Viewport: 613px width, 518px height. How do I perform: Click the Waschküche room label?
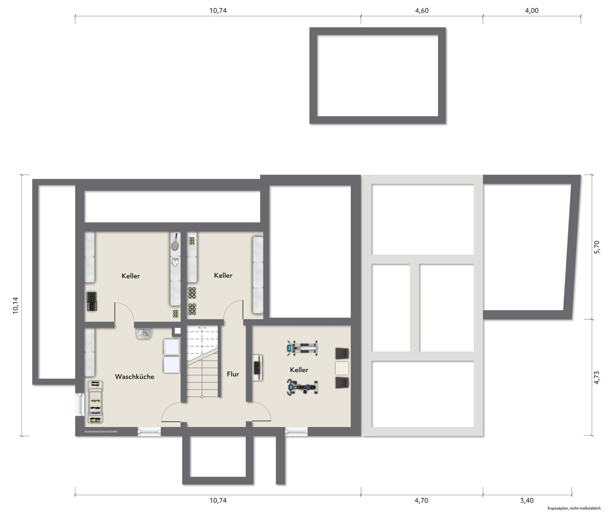(135, 376)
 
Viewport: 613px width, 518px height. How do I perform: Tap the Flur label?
(233, 374)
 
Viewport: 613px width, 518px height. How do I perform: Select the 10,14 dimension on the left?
(15, 305)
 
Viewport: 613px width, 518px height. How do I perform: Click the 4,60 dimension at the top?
(422, 11)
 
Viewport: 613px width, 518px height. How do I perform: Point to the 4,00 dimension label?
(532, 11)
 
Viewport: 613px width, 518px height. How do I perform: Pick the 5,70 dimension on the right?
(597, 247)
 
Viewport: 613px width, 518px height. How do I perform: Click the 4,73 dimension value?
(597, 378)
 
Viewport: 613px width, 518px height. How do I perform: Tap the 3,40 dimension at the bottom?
(527, 500)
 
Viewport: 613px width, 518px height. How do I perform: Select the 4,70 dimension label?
(421, 500)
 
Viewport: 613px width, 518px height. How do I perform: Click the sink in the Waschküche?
(144, 334)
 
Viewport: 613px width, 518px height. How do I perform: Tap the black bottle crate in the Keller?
(92, 302)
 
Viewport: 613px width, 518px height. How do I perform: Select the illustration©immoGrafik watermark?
(101, 431)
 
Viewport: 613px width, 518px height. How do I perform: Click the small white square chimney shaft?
(177, 331)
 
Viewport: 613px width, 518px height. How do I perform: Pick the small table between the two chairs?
(342, 368)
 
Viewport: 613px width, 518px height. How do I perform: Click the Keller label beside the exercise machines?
(299, 370)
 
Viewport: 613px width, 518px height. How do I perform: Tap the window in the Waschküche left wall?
(79, 404)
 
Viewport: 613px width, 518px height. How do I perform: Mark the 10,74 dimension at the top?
(218, 11)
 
